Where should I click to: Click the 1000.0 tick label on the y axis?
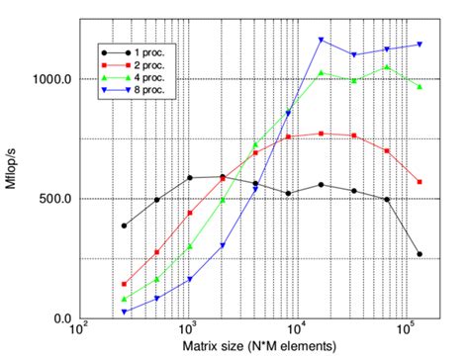pyautogui.click(x=49, y=79)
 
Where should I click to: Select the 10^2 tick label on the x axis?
pyautogui.click(x=78, y=329)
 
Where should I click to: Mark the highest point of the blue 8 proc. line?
pyautogui.click(x=322, y=40)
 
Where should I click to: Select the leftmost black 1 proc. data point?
pyautogui.click(x=124, y=225)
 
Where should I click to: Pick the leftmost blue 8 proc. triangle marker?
pyautogui.click(x=124, y=312)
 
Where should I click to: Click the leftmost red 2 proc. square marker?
pyautogui.click(x=124, y=284)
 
